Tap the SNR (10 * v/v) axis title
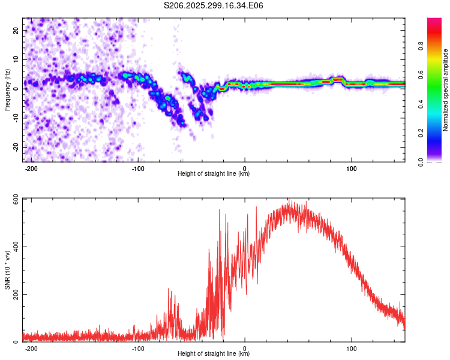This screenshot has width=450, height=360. coord(7,270)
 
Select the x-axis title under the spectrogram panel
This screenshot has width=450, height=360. coord(214,174)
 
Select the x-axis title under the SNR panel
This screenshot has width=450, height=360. coord(214,354)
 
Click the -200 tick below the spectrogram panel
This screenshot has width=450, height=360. coord(31,169)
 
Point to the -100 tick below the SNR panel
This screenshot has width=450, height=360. coord(138,349)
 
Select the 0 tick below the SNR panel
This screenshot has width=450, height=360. coord(245,349)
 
